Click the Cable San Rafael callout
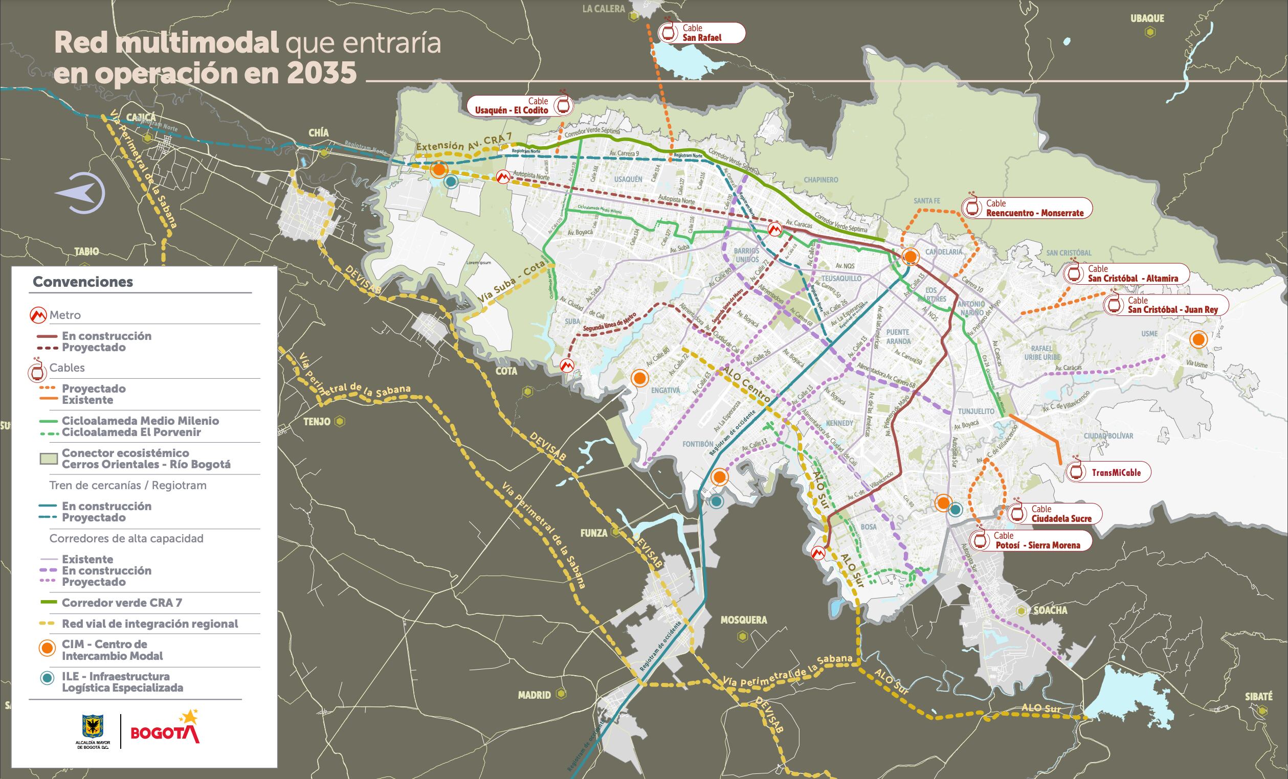[701, 33]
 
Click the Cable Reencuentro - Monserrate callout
[1022, 208]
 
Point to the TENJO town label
[316, 422]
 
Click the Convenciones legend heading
[82, 282]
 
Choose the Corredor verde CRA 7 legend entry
[121, 603]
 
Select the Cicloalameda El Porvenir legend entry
[130, 432]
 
